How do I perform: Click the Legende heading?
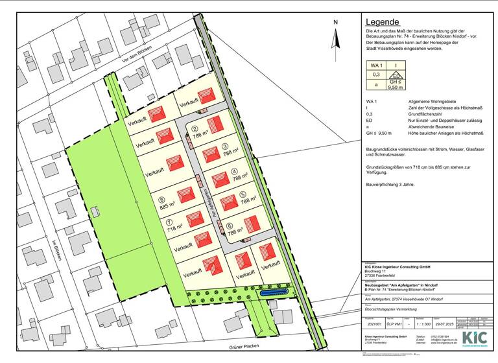coord(382,22)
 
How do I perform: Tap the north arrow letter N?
coord(335,22)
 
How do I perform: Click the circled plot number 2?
coord(195,129)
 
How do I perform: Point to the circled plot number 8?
coord(161,199)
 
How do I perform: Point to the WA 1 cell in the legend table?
coord(377,65)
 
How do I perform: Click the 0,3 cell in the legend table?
coord(376,75)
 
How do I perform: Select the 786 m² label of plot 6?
coord(235,229)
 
